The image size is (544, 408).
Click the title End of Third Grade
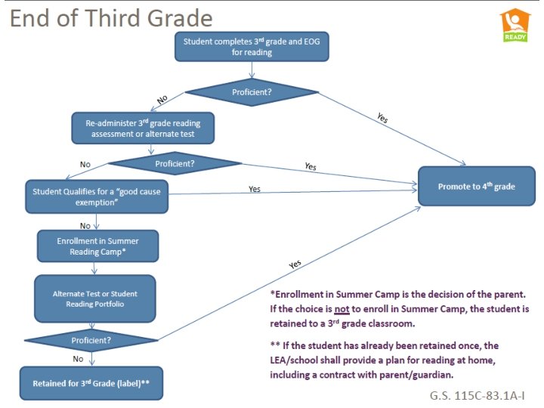(111, 18)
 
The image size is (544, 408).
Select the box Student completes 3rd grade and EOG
(250, 46)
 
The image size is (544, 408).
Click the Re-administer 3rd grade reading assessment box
(143, 128)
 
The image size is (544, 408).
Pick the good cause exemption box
(96, 196)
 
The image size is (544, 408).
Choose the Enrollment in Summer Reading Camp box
(97, 246)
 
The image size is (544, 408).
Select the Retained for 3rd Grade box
(91, 383)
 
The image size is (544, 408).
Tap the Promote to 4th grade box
(476, 186)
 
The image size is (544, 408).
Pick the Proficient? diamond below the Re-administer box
(175, 162)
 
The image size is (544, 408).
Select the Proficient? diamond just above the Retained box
(91, 340)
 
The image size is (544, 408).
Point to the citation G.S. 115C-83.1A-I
(477, 395)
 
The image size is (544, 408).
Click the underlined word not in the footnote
(342, 308)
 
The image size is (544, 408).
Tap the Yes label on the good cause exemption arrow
(255, 189)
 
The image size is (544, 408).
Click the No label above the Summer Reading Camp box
(85, 224)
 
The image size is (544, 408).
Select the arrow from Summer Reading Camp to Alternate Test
(96, 267)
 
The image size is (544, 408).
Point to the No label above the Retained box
(78, 359)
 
